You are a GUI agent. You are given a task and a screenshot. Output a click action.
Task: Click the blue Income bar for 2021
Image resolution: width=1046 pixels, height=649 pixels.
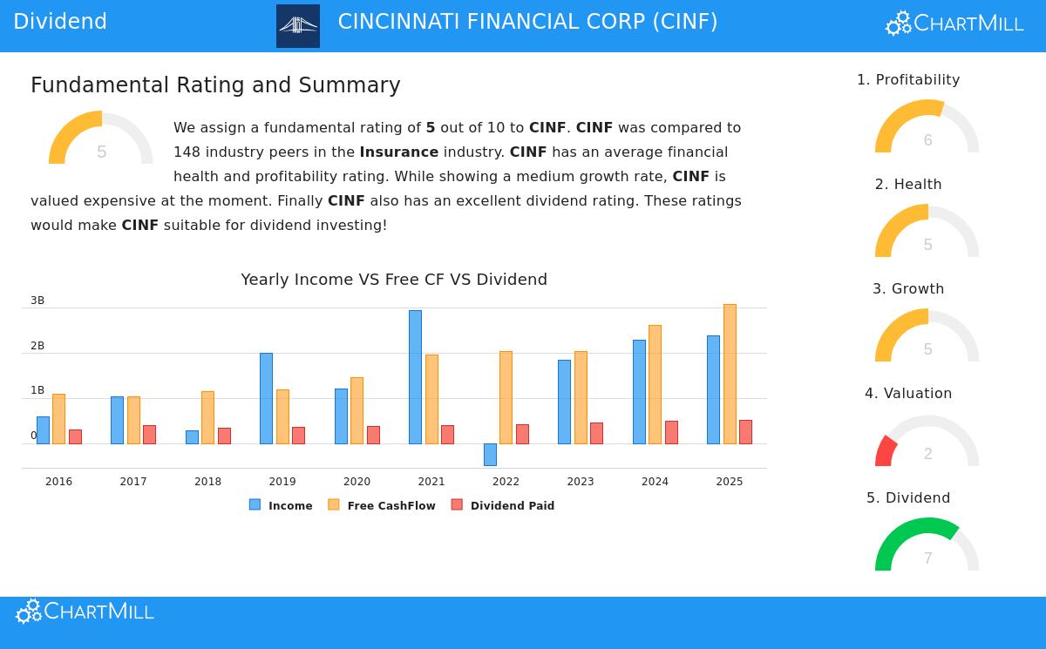click(415, 376)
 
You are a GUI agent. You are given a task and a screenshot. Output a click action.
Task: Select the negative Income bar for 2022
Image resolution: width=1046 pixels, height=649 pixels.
click(490, 454)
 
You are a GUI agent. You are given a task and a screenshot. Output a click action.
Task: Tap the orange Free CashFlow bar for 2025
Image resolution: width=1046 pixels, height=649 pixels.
click(730, 374)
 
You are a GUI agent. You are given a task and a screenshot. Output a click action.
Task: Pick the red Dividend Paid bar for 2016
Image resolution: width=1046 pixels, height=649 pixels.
click(75, 436)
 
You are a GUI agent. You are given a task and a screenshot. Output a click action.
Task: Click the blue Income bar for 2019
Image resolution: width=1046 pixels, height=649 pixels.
click(266, 398)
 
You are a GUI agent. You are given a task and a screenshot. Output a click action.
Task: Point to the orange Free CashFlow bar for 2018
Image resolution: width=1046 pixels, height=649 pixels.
click(207, 417)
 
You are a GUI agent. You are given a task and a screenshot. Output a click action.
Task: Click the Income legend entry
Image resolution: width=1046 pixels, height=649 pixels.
click(281, 505)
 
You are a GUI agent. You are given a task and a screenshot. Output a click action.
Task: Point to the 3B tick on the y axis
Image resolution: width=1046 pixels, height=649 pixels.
click(37, 301)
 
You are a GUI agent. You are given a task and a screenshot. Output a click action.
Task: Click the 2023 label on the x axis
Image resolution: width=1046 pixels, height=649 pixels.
click(581, 482)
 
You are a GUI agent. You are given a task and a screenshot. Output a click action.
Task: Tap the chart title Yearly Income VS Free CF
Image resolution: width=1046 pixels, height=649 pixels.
click(394, 280)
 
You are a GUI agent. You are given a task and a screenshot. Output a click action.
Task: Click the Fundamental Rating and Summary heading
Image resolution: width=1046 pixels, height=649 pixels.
click(215, 85)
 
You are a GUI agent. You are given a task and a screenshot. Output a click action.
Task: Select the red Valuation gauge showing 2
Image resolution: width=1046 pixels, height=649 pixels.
click(927, 444)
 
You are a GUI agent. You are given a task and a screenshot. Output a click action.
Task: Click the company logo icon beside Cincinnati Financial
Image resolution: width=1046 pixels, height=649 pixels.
click(298, 26)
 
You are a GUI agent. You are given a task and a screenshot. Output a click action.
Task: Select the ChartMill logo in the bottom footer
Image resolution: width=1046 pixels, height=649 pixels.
click(85, 612)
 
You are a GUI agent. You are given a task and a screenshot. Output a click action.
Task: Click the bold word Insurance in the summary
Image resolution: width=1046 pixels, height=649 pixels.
click(398, 152)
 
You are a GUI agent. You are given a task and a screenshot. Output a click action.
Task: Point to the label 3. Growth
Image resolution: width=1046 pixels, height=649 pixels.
click(908, 289)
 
